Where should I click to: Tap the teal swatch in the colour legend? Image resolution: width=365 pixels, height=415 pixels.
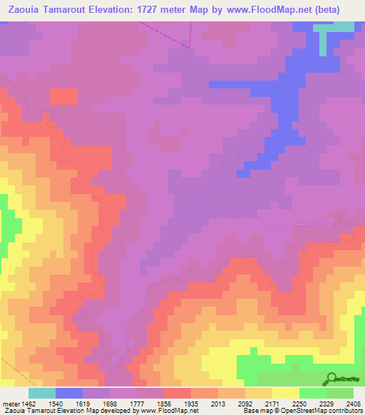[x=42, y=392]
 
